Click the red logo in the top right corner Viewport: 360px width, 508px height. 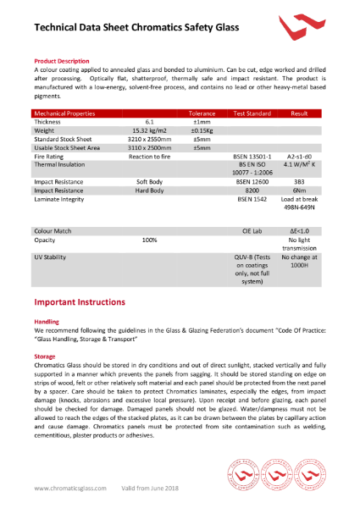point(301,31)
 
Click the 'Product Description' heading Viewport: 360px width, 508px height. point(61,61)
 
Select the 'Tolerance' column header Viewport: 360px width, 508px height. point(202,113)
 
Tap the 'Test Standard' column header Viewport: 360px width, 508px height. point(252,113)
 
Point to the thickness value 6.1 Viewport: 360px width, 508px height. point(148,122)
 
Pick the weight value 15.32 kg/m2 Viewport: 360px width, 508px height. point(148,130)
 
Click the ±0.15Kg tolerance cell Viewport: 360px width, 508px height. point(202,130)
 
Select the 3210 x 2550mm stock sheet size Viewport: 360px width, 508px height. point(148,139)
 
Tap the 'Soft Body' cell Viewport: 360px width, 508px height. point(148,181)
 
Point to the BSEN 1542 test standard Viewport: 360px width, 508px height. point(252,199)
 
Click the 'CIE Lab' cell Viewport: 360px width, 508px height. point(252,230)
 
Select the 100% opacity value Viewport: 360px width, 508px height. point(149,240)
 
